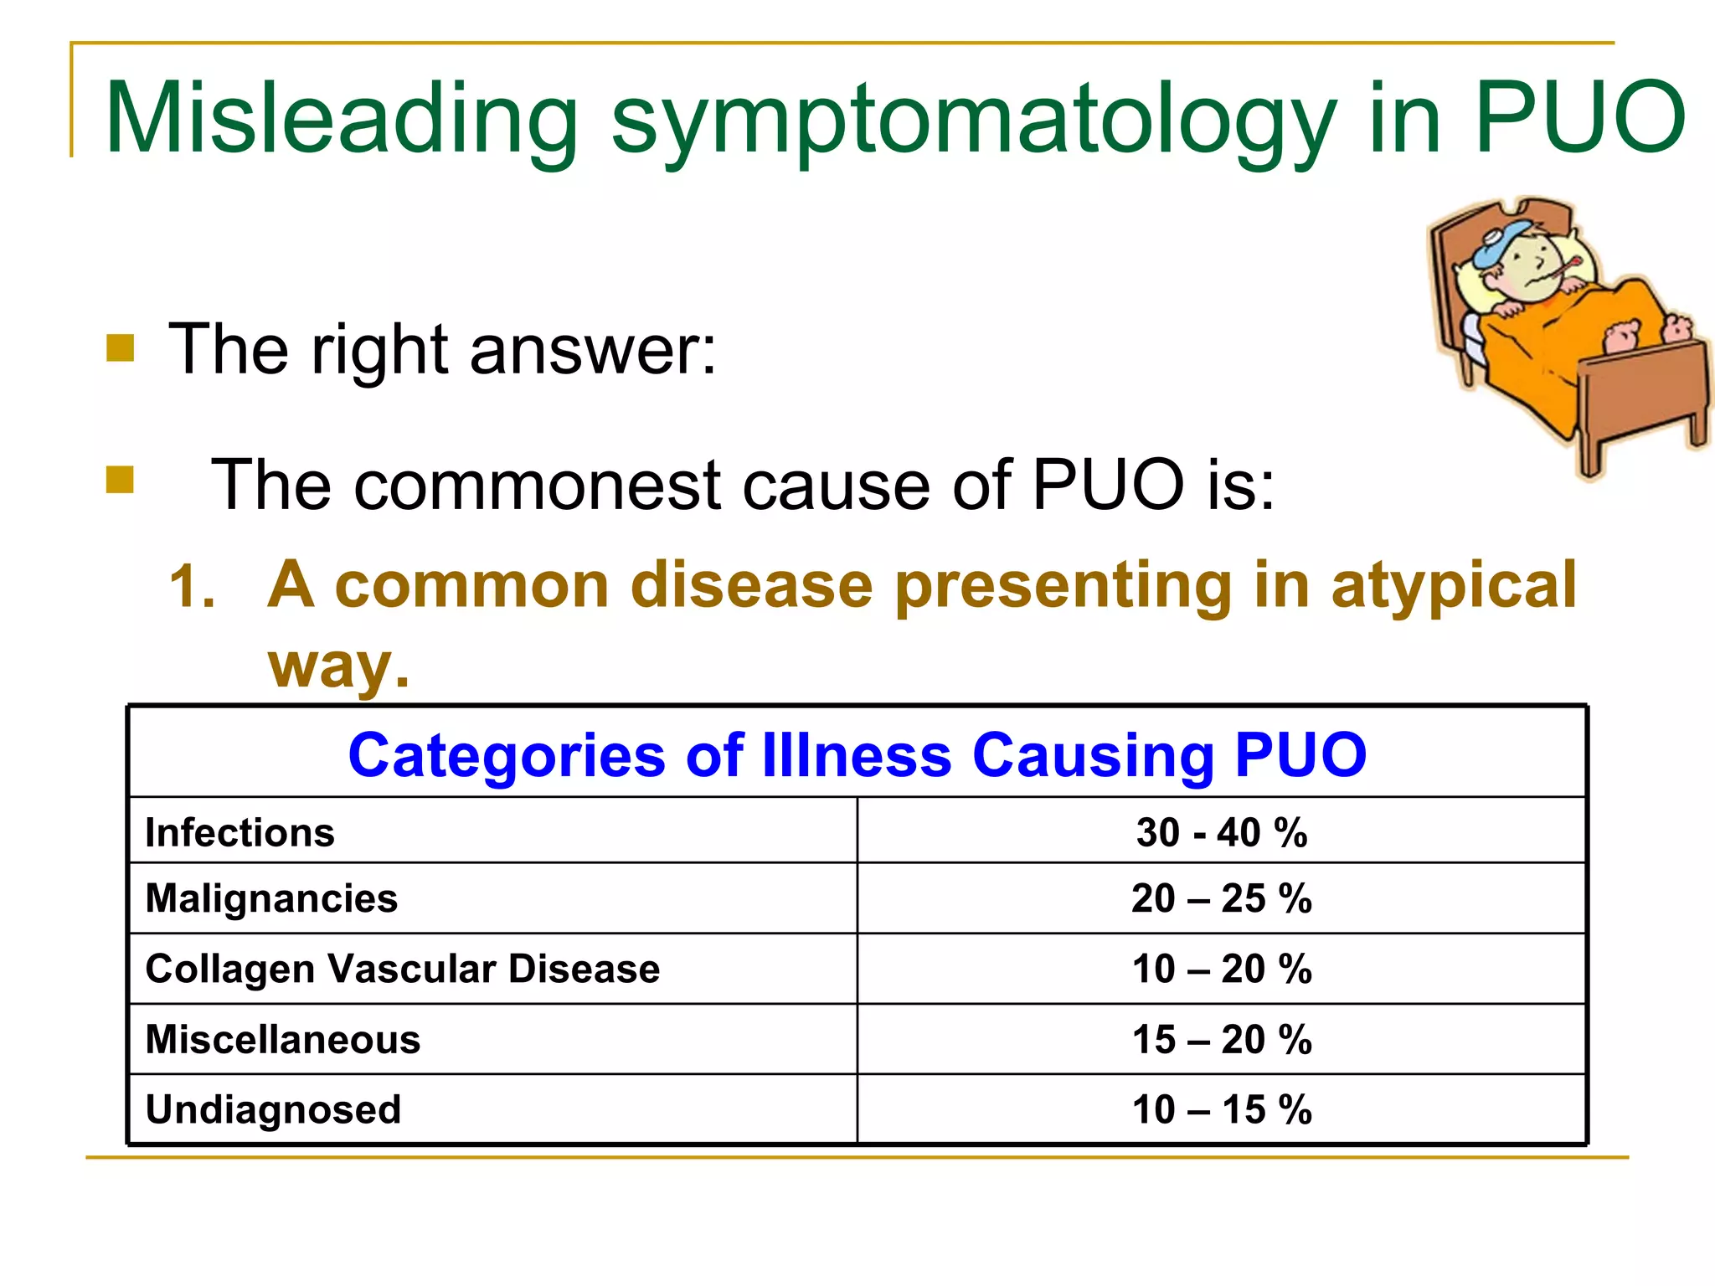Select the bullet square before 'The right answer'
(121, 348)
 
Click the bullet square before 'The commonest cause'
(121, 481)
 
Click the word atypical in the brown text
(1454, 586)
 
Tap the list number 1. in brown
(192, 586)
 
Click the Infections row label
(240, 833)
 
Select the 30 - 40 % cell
(1221, 833)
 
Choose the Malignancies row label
(271, 899)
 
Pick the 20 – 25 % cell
(1221, 899)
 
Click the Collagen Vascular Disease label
(403, 970)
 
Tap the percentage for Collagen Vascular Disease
(1221, 970)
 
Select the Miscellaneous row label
(283, 1040)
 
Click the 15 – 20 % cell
(1221, 1040)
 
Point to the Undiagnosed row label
(273, 1110)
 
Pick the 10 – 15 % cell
(1221, 1110)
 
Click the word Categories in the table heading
(507, 756)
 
